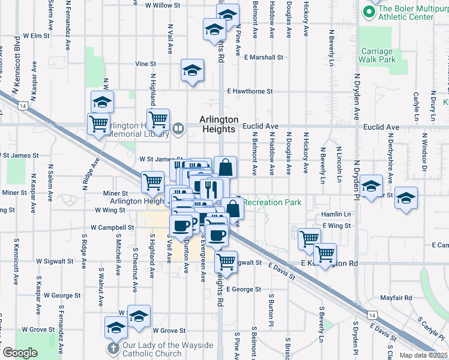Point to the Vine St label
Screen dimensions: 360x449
pos(145,63)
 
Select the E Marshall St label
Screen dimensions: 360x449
pos(264,57)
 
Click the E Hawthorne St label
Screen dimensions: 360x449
pos(250,92)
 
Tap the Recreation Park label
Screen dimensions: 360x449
pos(273,202)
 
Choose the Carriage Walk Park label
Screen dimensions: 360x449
pos(377,55)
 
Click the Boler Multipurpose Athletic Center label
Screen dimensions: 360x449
pos(406,13)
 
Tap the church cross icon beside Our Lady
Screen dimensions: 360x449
pos(113,349)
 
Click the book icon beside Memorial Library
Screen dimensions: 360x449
pos(179,128)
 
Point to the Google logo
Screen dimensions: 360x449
pos(20,353)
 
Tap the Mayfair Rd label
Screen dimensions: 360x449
pos(396,298)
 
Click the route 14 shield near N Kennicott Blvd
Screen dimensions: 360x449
pos(23,105)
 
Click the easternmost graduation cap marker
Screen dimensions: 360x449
pos(406,199)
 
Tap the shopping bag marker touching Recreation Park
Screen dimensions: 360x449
pos(233,209)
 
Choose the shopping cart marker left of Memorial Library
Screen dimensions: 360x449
pos(98,125)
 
